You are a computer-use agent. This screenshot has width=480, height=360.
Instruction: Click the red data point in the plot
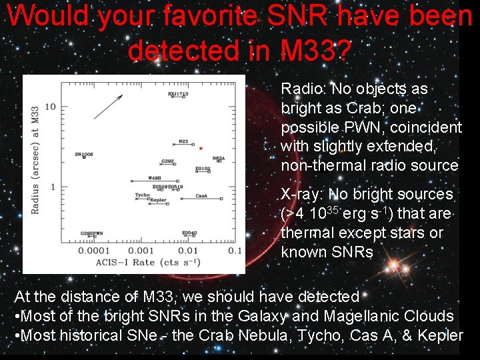(x=201, y=148)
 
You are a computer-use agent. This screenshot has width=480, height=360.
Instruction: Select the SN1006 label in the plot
(x=83, y=154)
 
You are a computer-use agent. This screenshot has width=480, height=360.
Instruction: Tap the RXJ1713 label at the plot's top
(x=178, y=95)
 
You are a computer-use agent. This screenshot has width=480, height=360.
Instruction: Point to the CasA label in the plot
(x=201, y=196)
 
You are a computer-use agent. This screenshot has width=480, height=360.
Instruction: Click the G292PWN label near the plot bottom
(x=91, y=233)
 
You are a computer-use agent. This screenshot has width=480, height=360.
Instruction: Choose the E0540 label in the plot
(x=189, y=233)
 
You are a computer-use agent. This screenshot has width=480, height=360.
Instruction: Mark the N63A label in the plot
(x=218, y=158)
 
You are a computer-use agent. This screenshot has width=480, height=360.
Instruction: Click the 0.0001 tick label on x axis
(x=94, y=251)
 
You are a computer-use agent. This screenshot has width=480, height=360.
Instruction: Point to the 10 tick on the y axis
(x=50, y=107)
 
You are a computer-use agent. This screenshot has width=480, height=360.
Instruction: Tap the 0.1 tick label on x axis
(x=235, y=251)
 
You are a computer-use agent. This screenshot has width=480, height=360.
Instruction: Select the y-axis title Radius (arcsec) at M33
(x=35, y=160)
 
